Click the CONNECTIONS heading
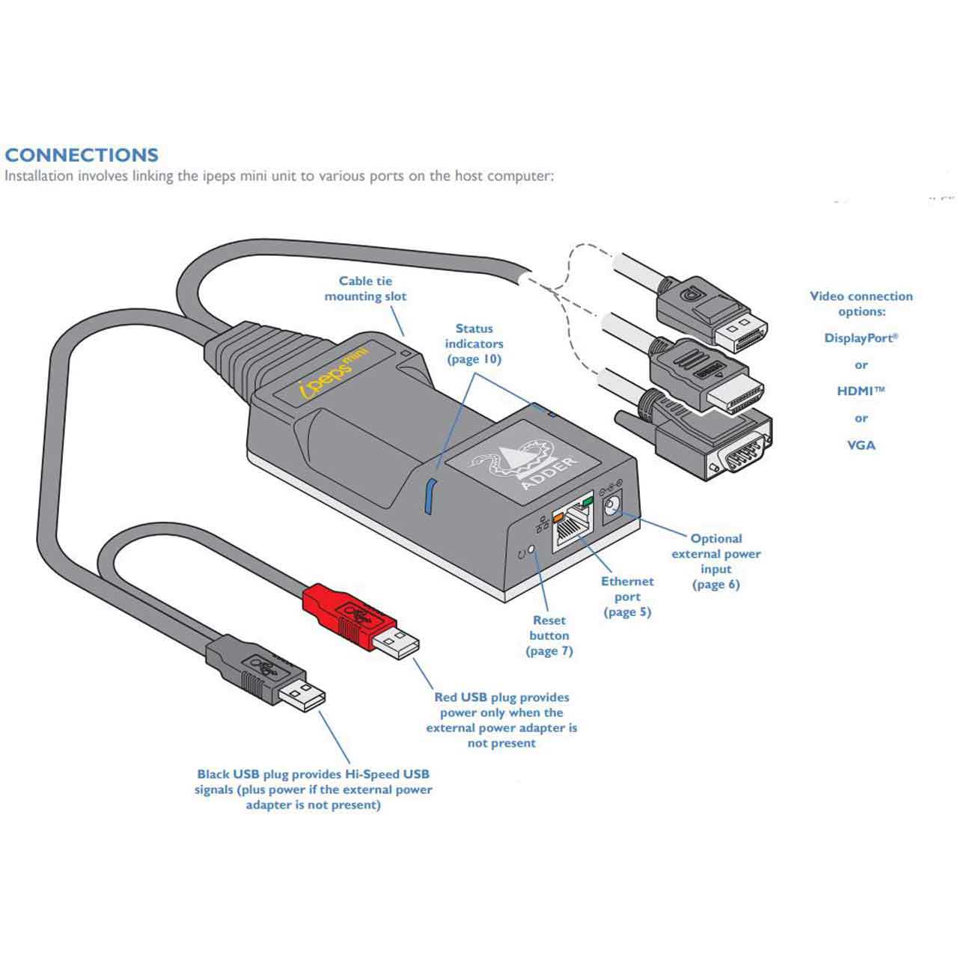[82, 156]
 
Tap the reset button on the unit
[532, 550]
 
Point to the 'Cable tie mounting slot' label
[365, 289]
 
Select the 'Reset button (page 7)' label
[549, 635]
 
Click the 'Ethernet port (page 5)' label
[627, 597]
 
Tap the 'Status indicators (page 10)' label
[474, 344]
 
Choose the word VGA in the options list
[861, 445]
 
